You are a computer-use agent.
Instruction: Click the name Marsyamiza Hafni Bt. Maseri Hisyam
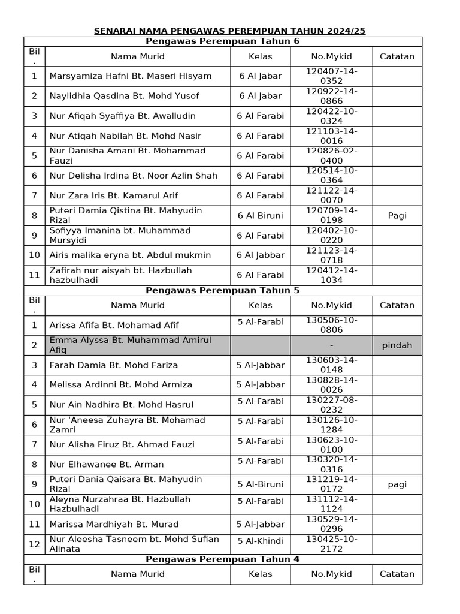point(131,76)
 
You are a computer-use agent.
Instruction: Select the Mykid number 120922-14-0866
point(332,96)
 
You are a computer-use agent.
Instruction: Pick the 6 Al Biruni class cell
point(260,216)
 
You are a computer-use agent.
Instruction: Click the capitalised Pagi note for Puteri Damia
point(397,216)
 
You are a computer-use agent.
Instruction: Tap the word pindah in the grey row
point(397,345)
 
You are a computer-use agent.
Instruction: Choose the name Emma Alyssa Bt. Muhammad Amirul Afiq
point(131,345)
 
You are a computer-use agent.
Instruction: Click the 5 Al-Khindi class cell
point(260,541)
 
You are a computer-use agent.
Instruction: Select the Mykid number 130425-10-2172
point(332,544)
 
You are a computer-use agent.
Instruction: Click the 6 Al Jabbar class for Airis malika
point(260,255)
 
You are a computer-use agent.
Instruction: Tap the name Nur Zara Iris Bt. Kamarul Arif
point(114,196)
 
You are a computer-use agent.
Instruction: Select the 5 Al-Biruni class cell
point(260,484)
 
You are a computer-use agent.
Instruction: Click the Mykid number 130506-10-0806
point(332,325)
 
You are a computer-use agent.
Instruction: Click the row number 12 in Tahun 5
point(34,544)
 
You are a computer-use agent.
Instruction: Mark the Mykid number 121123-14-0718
point(332,255)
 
